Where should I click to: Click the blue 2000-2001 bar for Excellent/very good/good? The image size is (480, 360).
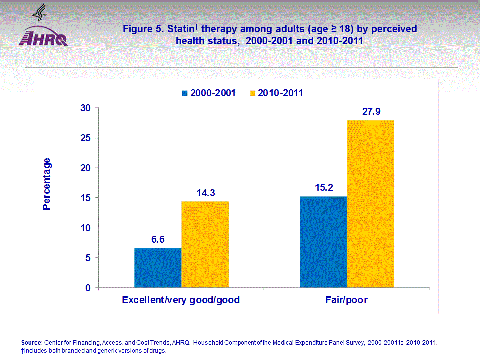(x=158, y=268)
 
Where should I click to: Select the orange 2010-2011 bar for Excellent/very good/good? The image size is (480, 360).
(x=205, y=245)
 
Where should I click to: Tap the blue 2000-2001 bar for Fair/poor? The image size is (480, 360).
(x=323, y=242)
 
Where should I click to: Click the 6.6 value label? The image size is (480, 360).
(x=158, y=239)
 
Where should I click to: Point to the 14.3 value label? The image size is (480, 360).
(x=205, y=193)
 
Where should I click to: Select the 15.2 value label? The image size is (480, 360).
(x=323, y=188)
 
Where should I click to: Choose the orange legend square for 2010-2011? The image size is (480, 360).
(x=253, y=93)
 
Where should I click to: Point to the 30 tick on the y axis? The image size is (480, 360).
(x=86, y=108)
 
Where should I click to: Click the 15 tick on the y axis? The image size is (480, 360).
(x=86, y=198)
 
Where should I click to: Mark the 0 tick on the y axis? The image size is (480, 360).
(x=89, y=288)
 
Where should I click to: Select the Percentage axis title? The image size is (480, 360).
(x=47, y=184)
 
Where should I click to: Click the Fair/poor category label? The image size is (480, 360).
(x=346, y=300)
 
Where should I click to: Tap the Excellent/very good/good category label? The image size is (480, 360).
(x=181, y=300)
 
